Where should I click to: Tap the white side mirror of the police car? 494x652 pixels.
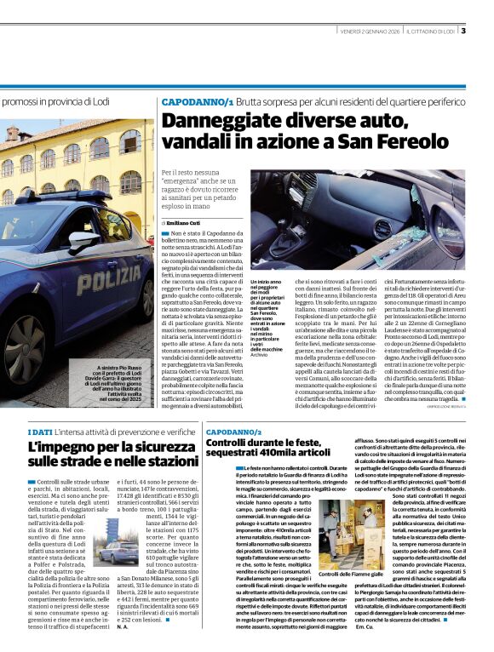tap(83, 239)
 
